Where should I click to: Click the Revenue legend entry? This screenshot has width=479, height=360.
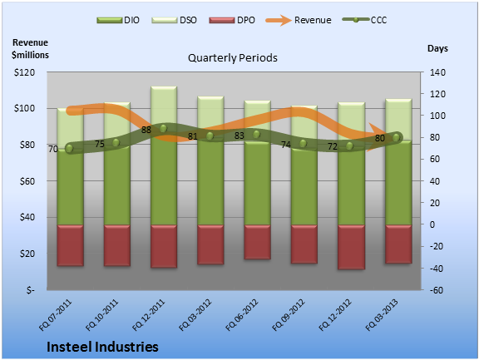coord(299,20)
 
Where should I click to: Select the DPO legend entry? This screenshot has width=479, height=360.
coord(232,20)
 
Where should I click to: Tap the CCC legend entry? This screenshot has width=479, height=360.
coord(364,20)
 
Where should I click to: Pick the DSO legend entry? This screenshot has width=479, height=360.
coord(174,20)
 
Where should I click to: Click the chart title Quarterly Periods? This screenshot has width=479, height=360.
coord(233,58)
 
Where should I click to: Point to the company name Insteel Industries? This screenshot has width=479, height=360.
coord(102,347)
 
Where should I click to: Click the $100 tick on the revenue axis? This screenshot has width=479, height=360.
coord(24,108)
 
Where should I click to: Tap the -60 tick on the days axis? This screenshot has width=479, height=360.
coord(437,290)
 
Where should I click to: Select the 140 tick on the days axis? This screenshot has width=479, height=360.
coord(437,72)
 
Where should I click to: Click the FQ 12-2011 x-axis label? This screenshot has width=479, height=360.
coord(149,315)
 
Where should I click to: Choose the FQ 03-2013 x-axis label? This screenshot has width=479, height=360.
coord(382,315)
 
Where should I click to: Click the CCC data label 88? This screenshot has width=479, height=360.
coord(146,130)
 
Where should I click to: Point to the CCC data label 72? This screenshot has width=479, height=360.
coord(333,146)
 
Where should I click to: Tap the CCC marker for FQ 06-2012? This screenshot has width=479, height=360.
coord(256,135)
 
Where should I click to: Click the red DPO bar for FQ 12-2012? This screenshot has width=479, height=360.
coord(351,247)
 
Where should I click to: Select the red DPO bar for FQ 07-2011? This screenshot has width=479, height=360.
coord(70,245)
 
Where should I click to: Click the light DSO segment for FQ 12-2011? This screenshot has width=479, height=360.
coord(164,106)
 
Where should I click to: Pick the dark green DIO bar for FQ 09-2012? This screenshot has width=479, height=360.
coord(304,187)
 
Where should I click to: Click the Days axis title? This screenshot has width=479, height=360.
coord(437,48)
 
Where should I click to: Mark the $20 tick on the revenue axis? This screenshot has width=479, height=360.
coord(27,254)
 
